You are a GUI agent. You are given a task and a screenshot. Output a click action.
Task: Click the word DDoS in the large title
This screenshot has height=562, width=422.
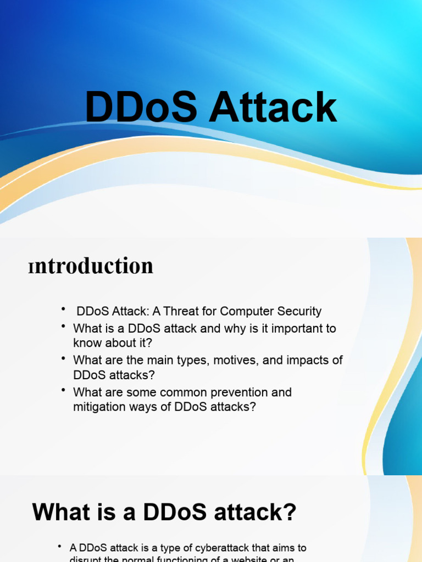(141, 108)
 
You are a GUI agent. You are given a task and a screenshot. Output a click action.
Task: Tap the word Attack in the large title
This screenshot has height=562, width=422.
(274, 108)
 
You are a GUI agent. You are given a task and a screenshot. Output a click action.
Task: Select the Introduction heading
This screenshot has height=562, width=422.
(91, 266)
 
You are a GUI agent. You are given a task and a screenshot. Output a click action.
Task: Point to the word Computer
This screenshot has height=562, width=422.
(247, 311)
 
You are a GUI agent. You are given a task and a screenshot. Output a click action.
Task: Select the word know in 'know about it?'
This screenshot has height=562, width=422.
(87, 343)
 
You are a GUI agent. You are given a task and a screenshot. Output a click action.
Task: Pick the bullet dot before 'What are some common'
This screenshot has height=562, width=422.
(63, 391)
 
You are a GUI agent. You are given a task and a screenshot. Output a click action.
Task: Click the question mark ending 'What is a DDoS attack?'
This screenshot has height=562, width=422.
(290, 513)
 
